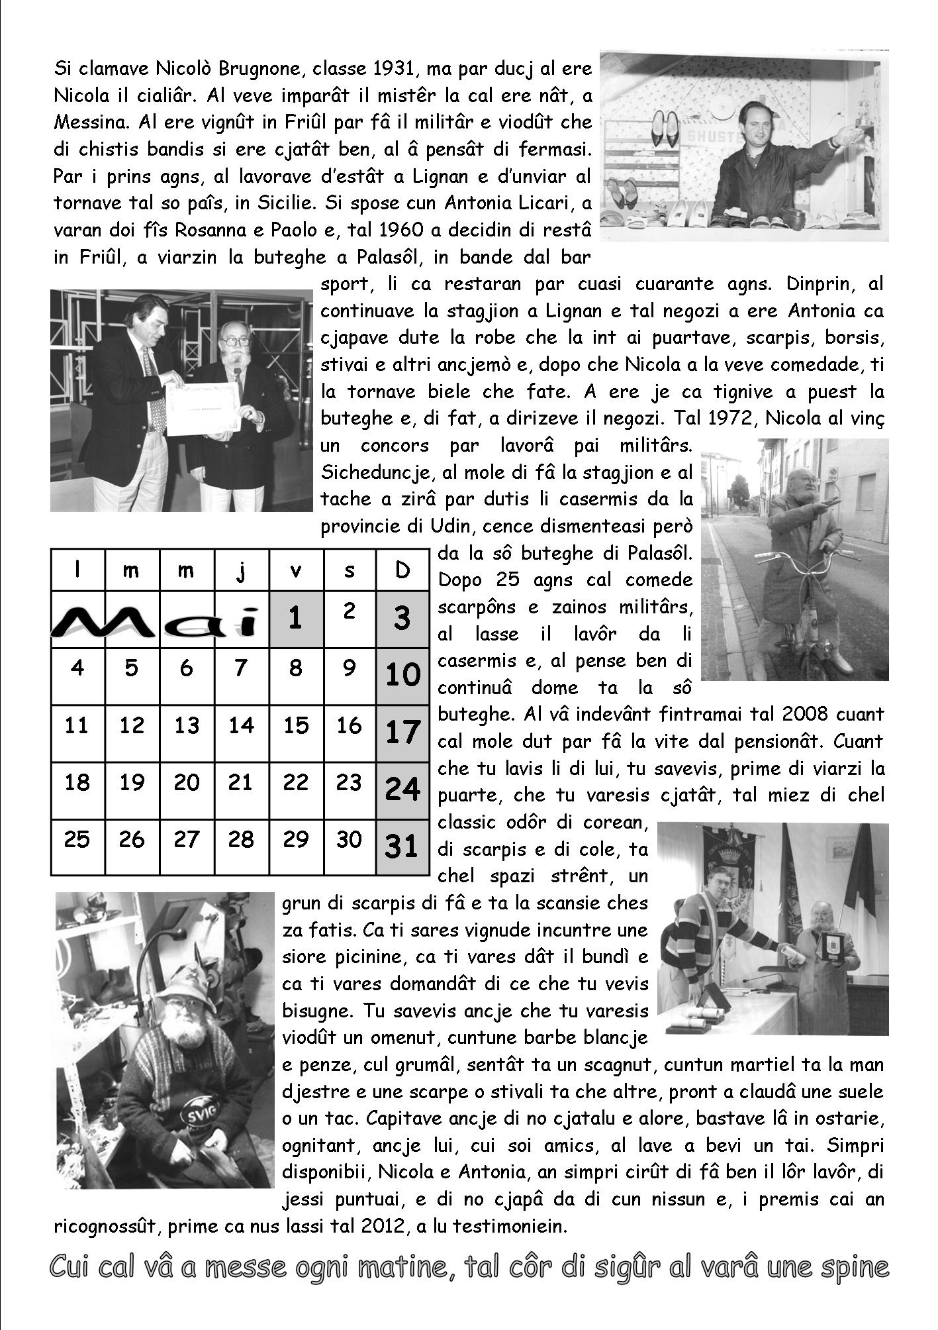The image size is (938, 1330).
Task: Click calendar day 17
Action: point(402,733)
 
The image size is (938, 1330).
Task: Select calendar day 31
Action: point(402,846)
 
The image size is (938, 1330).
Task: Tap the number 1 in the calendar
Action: point(295,618)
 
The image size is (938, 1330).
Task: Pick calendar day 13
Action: point(187,726)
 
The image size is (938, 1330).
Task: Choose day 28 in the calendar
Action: point(241,840)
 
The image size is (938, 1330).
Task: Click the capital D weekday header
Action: point(402,570)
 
